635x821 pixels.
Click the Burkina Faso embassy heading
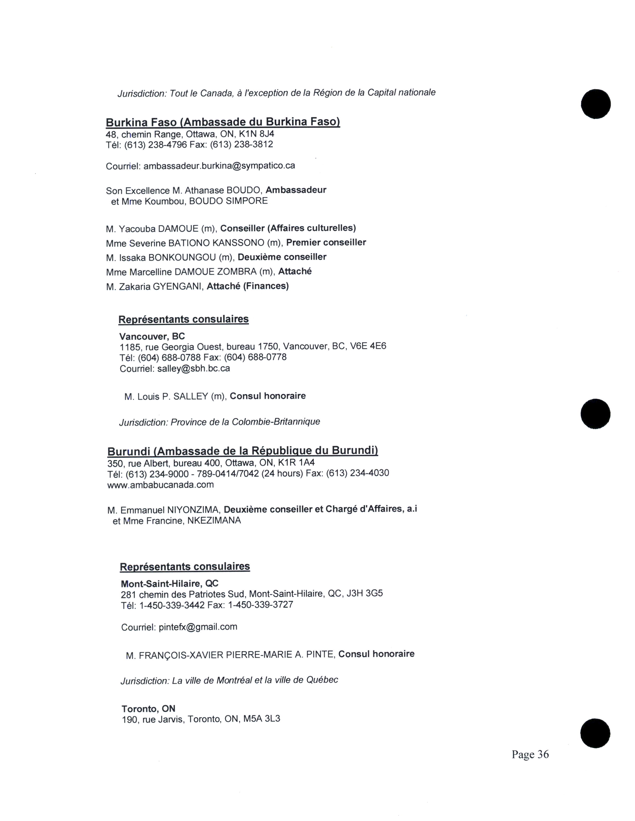(x=223, y=122)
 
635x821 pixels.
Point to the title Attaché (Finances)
(x=248, y=286)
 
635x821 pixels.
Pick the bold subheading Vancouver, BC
(x=152, y=336)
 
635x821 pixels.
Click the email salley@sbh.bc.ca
(x=193, y=368)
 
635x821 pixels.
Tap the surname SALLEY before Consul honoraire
(x=191, y=396)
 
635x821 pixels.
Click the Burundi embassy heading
(x=243, y=451)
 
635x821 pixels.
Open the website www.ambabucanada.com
(x=161, y=485)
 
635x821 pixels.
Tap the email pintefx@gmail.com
(x=198, y=627)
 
